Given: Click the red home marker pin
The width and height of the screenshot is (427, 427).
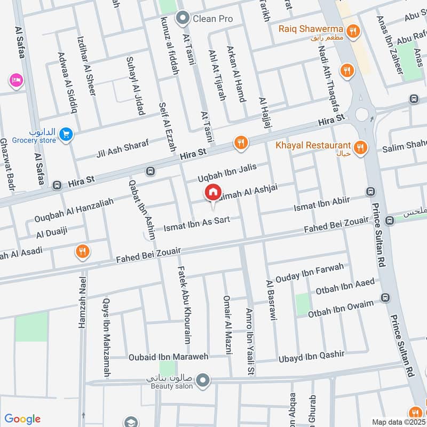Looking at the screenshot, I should [x=212, y=192].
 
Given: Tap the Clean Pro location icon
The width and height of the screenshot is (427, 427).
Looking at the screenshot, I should [x=184, y=19].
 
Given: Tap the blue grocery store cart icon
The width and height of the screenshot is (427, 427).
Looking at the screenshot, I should [x=66, y=135].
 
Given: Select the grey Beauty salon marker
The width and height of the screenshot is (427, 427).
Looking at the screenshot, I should [x=202, y=381].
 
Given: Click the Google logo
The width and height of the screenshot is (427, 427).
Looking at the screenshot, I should [x=22, y=419].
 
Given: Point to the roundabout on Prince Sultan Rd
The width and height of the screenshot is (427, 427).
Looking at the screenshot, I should [x=363, y=114].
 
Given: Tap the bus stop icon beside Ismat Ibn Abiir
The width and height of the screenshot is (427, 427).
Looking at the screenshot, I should [x=369, y=191].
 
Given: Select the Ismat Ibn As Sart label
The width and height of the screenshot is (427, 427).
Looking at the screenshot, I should [x=196, y=224].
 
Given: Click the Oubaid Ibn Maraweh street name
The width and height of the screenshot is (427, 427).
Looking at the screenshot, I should [x=168, y=356].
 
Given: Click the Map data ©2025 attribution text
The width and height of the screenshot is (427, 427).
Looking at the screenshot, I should [x=398, y=422].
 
